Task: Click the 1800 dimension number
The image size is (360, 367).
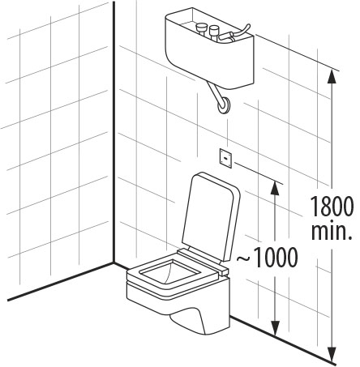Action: click(x=332, y=207)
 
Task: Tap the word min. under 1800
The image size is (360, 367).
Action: click(x=332, y=231)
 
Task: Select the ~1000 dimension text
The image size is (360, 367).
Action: click(x=267, y=258)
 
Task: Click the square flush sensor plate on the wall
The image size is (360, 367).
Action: click(x=225, y=158)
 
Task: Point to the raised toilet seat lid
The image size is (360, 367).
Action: click(x=211, y=217)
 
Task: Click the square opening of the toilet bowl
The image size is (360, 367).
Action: click(x=171, y=272)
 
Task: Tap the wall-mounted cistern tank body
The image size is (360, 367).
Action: click(x=210, y=49)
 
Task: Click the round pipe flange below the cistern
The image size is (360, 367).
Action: click(x=224, y=105)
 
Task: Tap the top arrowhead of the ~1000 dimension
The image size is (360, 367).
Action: click(x=275, y=188)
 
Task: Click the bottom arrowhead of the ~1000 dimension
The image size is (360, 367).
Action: click(x=275, y=328)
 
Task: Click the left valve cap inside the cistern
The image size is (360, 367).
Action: click(x=201, y=28)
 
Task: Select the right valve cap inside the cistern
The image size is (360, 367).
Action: click(x=214, y=30)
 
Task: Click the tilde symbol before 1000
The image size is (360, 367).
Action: click(x=243, y=258)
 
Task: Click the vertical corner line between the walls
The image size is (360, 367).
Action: click(x=114, y=132)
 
